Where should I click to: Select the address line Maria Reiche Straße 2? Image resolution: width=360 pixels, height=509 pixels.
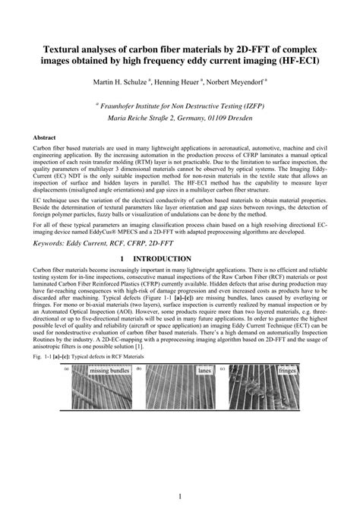point(181,119)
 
